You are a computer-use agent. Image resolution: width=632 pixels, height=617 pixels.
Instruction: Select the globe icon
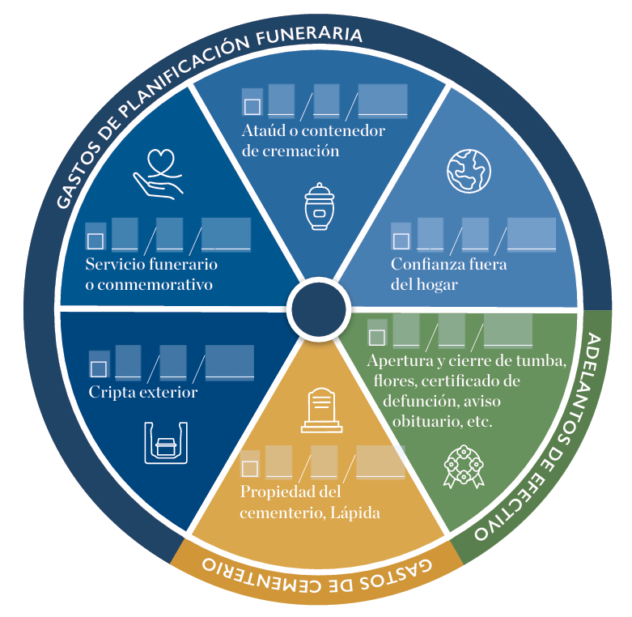(x=469, y=169)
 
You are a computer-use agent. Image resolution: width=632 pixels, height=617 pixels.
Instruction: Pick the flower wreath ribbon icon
(x=462, y=469)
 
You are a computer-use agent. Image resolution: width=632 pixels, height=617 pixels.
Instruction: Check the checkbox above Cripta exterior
(x=98, y=368)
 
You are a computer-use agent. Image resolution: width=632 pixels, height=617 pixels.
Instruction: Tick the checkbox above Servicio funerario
(x=95, y=240)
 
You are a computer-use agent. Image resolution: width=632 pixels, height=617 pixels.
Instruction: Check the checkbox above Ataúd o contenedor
(x=252, y=106)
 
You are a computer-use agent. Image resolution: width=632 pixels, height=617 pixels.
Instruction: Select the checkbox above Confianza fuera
(x=401, y=240)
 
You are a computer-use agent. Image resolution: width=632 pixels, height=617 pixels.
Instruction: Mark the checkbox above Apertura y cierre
(x=376, y=337)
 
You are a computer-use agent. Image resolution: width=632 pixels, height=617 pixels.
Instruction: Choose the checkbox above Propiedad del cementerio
(x=250, y=468)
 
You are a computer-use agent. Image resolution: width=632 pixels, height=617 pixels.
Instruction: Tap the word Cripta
(x=111, y=393)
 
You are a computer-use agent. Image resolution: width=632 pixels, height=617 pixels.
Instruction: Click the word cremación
(x=291, y=151)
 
